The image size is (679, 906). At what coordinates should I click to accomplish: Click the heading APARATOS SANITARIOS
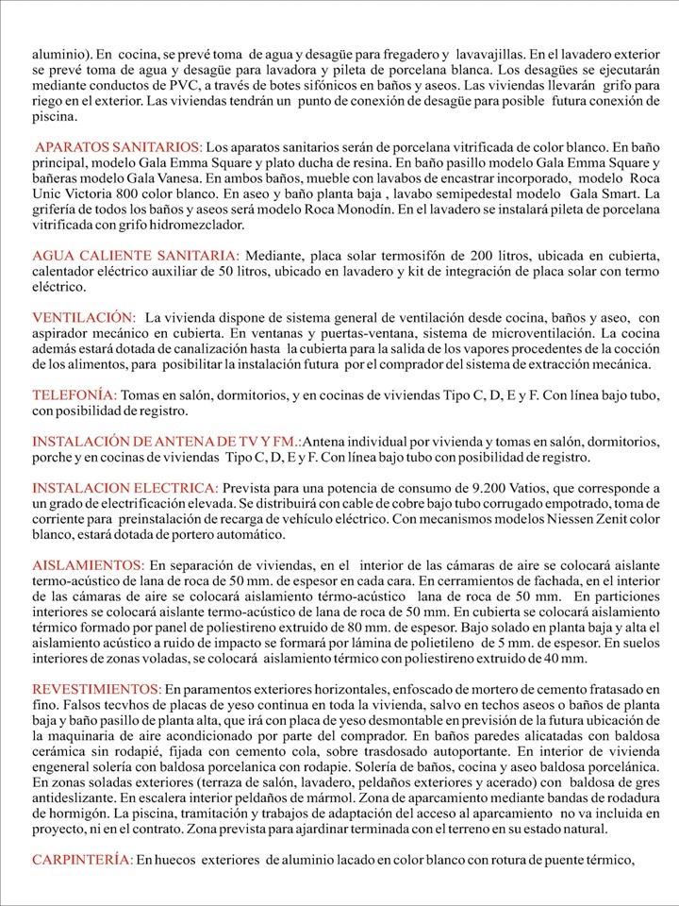point(119,148)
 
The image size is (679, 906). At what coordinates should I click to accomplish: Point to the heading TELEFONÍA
point(75,394)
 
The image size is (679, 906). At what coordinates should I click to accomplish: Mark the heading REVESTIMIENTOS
point(97,689)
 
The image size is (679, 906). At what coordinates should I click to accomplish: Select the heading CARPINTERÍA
point(82,860)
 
